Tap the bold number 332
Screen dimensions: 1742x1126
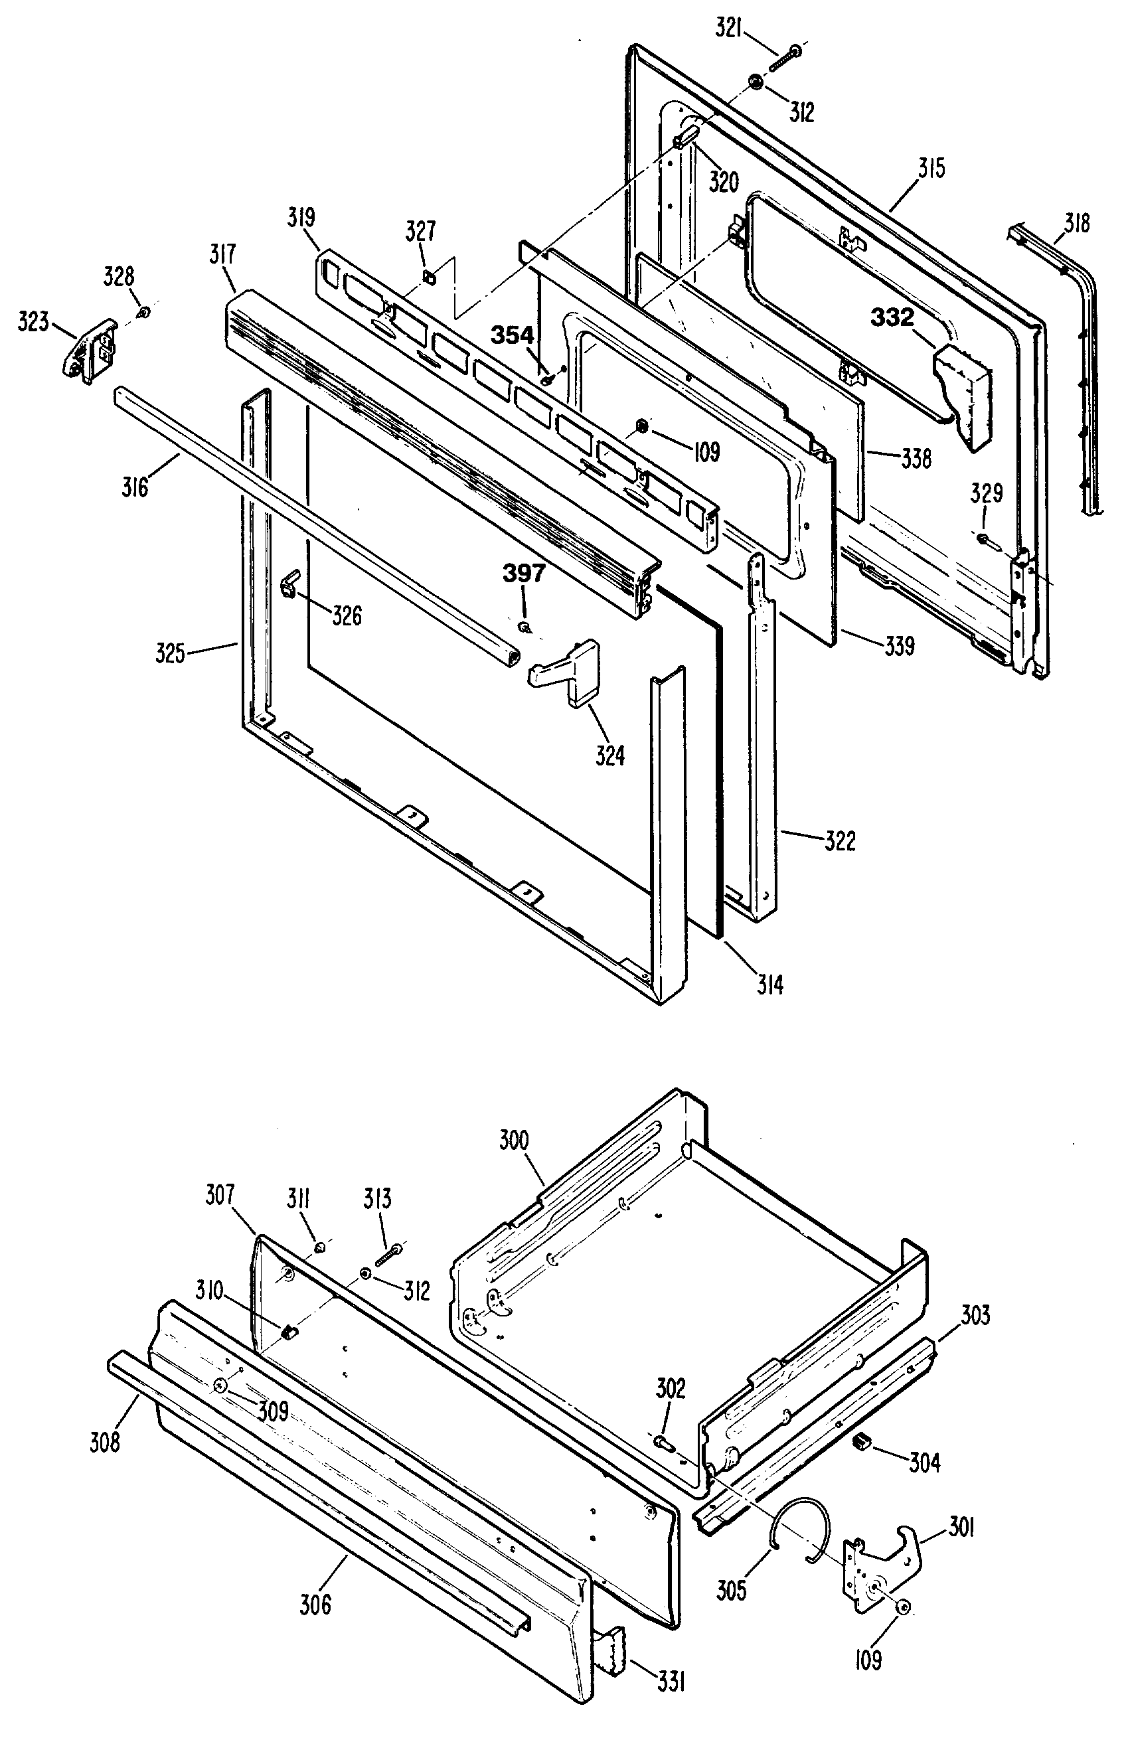point(892,317)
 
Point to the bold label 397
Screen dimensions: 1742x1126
point(524,574)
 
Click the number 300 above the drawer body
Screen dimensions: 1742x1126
point(514,1141)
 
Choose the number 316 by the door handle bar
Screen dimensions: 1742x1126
point(136,487)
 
